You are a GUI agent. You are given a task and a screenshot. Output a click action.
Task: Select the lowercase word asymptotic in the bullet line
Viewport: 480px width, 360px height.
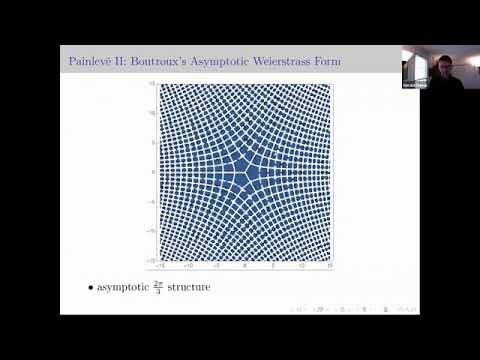127,288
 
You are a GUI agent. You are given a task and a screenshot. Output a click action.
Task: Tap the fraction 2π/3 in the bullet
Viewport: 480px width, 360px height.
166,288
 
